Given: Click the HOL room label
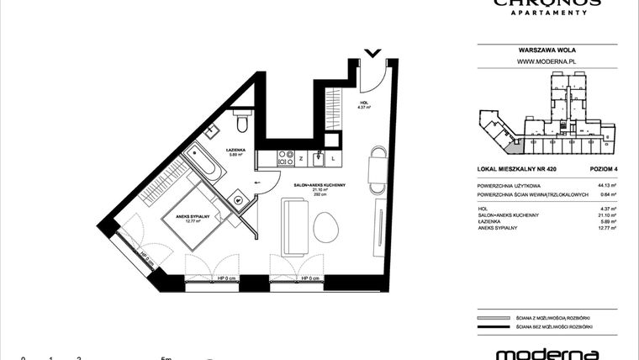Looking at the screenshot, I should (x=363, y=105).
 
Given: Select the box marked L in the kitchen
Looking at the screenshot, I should (x=333, y=157).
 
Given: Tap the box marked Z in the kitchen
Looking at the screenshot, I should (x=300, y=157).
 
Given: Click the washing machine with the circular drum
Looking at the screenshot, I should (x=239, y=201).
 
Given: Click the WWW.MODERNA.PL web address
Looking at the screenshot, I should (x=545, y=61).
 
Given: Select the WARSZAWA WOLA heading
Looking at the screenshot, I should (x=545, y=50).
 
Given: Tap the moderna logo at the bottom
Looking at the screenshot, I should (x=547, y=353).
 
